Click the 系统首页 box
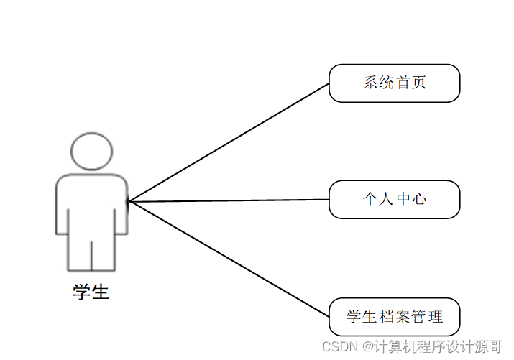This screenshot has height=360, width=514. click(394, 83)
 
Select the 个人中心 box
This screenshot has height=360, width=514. click(394, 199)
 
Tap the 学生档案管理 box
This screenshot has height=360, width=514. click(394, 317)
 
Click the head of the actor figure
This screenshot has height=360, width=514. click(91, 151)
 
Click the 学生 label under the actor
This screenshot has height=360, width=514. click(91, 292)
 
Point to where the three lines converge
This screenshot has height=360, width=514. click(129, 202)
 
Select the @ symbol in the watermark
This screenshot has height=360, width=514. click(367, 346)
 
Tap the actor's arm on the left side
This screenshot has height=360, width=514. click(62, 208)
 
